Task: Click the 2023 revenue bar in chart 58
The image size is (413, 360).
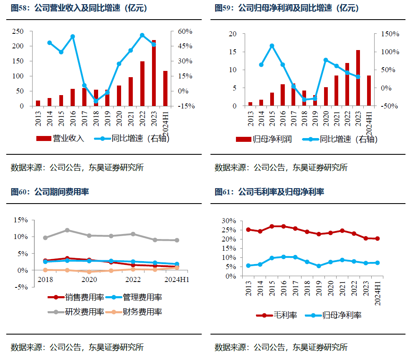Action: [x=154, y=73]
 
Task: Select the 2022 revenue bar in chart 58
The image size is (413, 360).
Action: [x=142, y=84]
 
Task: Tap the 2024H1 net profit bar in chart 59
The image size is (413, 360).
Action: [x=369, y=91]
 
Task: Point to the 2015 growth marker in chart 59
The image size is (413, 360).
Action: [x=272, y=46]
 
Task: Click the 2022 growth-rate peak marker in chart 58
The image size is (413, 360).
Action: [x=142, y=35]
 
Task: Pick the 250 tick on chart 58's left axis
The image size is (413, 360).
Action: [x=18, y=31]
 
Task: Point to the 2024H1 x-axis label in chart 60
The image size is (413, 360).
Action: [x=177, y=279]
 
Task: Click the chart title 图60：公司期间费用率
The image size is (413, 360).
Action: [x=50, y=192]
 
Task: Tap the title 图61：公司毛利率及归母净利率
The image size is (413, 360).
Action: [x=269, y=192]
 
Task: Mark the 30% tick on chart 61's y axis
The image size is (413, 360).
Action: [x=229, y=221]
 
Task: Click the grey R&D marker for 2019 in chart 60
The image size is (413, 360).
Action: [x=67, y=230]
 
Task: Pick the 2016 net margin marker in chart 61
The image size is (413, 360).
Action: [x=284, y=257]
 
